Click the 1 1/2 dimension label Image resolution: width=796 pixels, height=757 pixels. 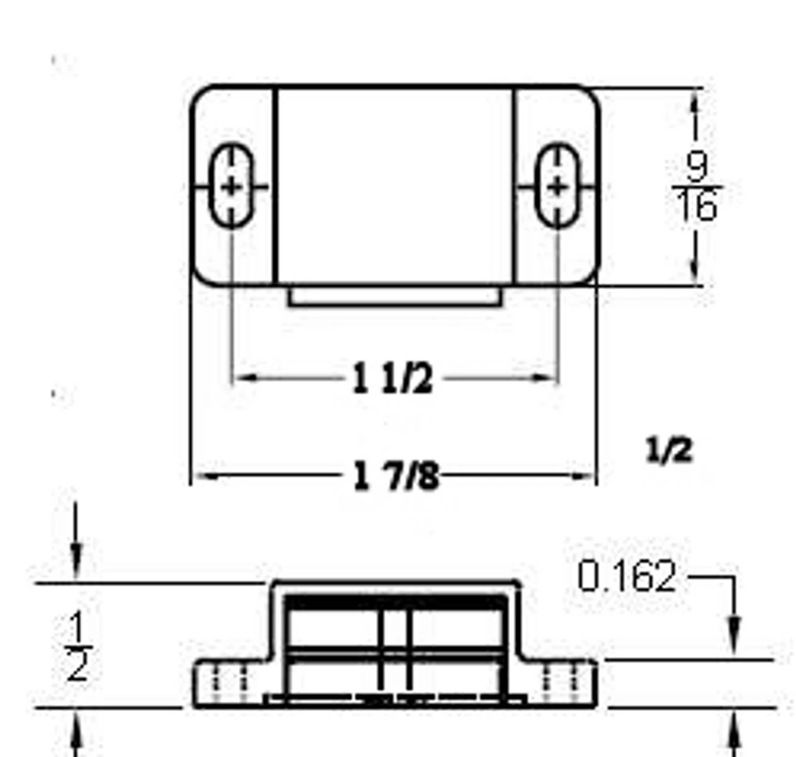[392, 378]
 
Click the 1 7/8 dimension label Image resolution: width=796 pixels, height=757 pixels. [396, 477]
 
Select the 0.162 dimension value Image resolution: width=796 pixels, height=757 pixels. [626, 577]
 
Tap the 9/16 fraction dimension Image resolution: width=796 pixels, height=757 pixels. [697, 186]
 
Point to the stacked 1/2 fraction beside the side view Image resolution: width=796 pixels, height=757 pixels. [78, 646]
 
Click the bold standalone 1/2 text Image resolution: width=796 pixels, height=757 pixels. [669, 450]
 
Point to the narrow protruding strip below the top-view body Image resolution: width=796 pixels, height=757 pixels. [394, 296]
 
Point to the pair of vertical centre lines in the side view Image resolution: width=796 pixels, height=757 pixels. [396, 649]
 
